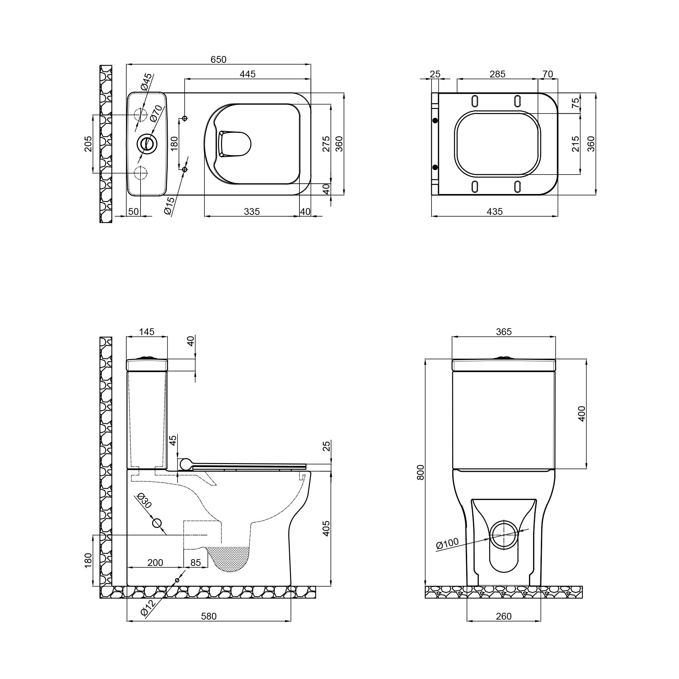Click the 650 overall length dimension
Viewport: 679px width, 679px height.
(218, 60)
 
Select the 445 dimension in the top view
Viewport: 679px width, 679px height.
(247, 74)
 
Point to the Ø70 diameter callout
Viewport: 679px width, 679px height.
(157, 113)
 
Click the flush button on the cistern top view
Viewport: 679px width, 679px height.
(147, 143)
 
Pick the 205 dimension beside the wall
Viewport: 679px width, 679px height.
(88, 144)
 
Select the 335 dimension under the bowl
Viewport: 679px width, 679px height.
(252, 212)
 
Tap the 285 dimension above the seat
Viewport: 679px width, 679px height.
(497, 74)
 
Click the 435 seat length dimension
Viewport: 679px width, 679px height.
(495, 212)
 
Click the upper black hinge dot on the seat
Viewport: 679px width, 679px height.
(436, 121)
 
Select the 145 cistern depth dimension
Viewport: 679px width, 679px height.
(147, 332)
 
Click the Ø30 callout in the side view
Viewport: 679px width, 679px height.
(144, 501)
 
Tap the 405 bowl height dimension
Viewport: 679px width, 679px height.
(326, 528)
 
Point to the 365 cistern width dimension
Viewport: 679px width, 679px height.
(503, 332)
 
